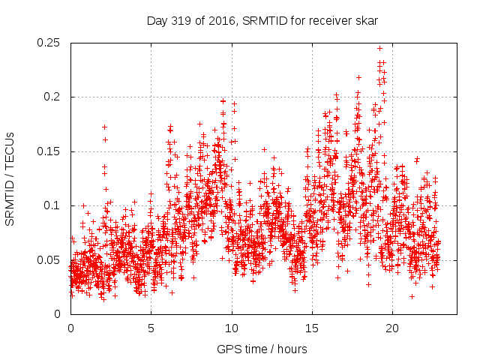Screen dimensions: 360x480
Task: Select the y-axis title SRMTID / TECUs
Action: tap(10, 178)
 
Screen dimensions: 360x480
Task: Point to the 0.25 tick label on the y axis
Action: tap(51, 43)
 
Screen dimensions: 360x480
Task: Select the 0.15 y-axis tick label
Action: tap(51, 151)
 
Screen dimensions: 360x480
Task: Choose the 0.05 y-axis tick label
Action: tap(51, 260)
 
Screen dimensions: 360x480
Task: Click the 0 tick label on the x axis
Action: tap(70, 328)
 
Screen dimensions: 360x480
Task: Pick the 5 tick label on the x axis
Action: tap(151, 328)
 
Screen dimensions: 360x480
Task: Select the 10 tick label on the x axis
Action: tap(232, 328)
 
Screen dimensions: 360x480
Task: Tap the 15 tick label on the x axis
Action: tap(312, 328)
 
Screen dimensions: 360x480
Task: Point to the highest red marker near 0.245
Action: tap(380, 48)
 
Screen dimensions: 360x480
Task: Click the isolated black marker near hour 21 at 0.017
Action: tap(412, 296)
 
